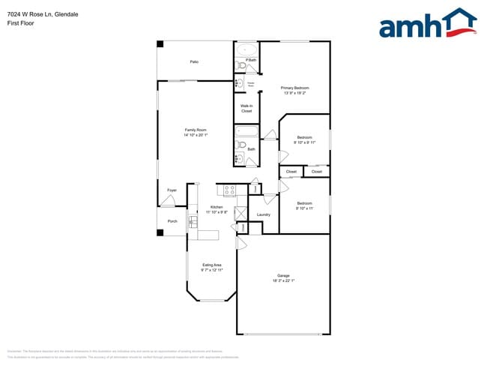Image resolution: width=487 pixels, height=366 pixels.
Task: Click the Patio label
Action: coord(194,61)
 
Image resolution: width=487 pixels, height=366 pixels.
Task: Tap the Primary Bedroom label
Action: coord(295,88)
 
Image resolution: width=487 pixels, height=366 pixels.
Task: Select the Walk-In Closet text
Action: coord(246,109)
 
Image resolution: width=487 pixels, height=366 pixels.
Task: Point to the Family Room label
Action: coord(196,130)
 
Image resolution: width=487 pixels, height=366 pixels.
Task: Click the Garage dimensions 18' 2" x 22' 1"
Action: coord(283,280)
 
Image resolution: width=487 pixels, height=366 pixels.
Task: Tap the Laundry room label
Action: coord(263,215)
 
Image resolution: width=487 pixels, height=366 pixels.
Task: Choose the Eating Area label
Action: coord(212,265)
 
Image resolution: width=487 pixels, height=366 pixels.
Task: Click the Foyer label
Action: coord(172,190)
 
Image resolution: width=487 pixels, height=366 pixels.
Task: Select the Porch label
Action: coord(172,221)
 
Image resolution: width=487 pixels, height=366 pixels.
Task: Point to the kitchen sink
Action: coord(193,221)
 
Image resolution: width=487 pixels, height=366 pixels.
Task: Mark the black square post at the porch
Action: coord(160,232)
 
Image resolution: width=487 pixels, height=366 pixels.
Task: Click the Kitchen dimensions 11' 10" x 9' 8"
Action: coord(217,212)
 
